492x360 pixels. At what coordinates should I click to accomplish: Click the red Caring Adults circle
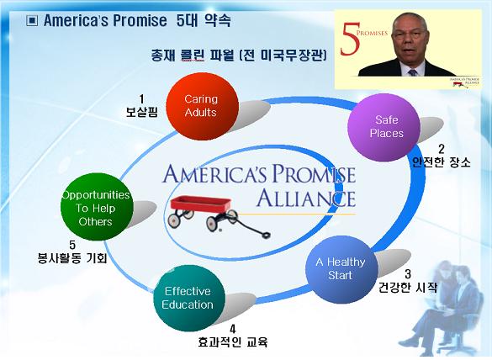pos(202,106)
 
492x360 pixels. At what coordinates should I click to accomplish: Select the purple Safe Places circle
pos(384,127)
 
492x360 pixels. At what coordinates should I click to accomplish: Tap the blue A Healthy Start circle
pos(341,269)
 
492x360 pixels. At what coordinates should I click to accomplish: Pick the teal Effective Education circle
pos(189,298)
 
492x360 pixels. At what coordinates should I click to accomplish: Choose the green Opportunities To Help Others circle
pos(97,207)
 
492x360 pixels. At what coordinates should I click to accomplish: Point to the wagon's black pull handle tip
pos(266,235)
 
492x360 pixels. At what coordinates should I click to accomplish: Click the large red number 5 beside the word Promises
pos(350,40)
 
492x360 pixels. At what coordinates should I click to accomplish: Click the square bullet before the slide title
pos(32,21)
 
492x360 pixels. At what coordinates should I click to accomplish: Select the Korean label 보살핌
pos(141,112)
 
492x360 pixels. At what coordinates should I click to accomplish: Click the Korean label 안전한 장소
pos(442,162)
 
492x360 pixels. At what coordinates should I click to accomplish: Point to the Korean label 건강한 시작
pos(408,287)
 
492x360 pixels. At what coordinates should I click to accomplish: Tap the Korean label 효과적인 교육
pos(232,341)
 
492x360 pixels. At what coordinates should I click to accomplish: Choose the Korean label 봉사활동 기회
pos(72,257)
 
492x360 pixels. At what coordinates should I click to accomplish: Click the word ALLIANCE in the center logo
pos(306,199)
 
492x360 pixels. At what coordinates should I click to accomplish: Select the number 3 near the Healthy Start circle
pos(408,274)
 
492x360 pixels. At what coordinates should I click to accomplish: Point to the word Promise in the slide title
pos(140,21)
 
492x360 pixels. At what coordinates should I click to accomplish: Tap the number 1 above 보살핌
pos(141,99)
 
